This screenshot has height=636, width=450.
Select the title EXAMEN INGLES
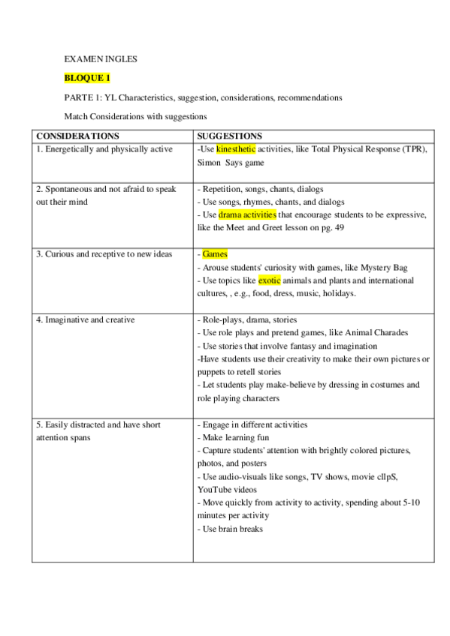[x=100, y=58]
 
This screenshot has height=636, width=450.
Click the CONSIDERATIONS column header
[x=77, y=136]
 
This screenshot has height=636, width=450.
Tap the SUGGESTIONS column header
[x=229, y=136]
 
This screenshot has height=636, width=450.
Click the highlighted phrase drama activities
[x=247, y=214]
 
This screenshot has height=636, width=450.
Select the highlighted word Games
[x=215, y=254]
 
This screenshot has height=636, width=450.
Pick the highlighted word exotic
[x=269, y=280]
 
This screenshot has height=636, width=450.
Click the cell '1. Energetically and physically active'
[x=104, y=149]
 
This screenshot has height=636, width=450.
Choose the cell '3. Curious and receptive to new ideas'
[x=104, y=254]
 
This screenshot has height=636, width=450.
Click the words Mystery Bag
[x=383, y=267]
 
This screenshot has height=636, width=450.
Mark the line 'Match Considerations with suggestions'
[x=135, y=116]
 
